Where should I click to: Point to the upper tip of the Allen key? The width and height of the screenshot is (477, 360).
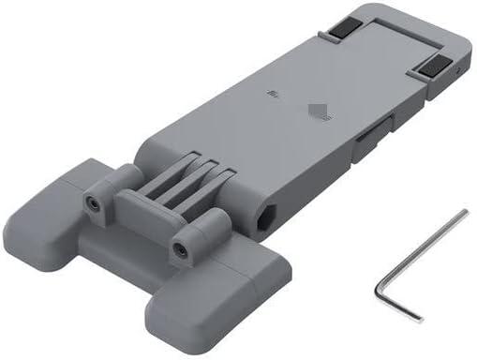click(464, 213)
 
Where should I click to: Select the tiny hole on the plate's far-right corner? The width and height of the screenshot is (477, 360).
click(454, 69)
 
